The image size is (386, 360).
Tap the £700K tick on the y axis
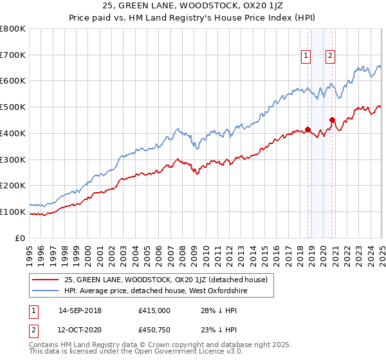tap(13, 55)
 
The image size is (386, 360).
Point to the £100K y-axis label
tap(13, 212)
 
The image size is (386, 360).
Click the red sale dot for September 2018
tap(308, 129)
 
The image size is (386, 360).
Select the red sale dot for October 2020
tap(333, 120)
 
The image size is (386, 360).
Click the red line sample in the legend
tap(46, 279)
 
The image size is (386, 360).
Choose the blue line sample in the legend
tap(46, 291)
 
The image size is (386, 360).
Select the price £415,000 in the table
tap(154, 310)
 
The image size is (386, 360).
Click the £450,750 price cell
tap(154, 330)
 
